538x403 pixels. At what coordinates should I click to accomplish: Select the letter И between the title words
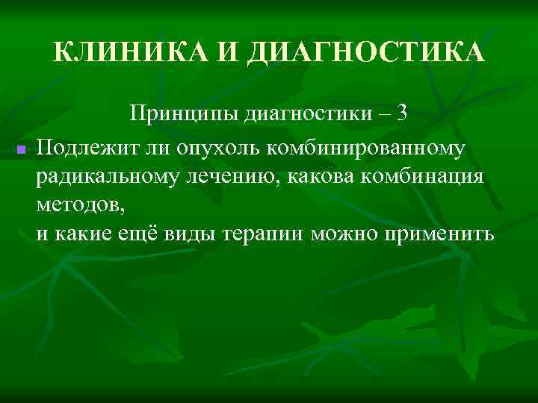[x=226, y=53]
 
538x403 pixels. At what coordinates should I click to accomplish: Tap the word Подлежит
[x=83, y=148]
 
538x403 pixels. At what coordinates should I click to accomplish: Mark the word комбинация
[x=421, y=177]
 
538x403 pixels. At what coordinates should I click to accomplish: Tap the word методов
[x=74, y=205]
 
